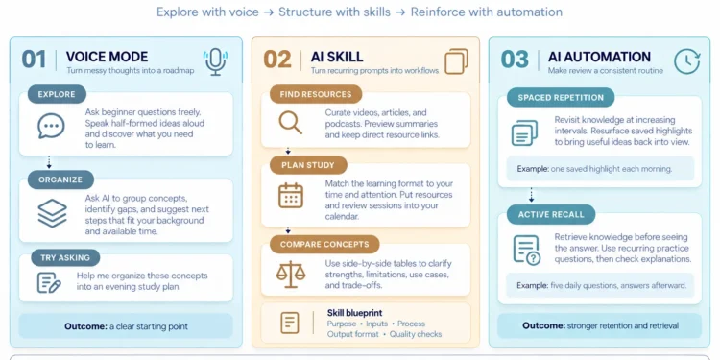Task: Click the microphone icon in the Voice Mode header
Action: [x=215, y=62]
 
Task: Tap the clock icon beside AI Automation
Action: [x=687, y=61]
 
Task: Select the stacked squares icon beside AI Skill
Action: [x=456, y=61]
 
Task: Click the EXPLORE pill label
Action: [x=57, y=95]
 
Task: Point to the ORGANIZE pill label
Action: [x=60, y=180]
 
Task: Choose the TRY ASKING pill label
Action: [x=65, y=257]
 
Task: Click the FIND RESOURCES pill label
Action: [x=316, y=94]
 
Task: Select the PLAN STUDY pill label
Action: [x=308, y=165]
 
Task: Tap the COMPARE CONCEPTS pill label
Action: [x=324, y=244]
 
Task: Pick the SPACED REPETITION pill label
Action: [x=561, y=97]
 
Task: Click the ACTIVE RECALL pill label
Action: [x=551, y=214]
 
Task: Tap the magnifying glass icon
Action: [x=291, y=123]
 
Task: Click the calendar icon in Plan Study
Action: [x=291, y=195]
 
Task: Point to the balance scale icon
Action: [x=291, y=275]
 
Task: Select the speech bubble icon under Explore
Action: [x=51, y=126]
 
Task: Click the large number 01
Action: [x=34, y=60]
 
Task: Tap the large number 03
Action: [x=515, y=60]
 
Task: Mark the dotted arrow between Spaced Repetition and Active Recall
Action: [x=531, y=195]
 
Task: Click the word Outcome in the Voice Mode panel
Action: [x=85, y=327]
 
